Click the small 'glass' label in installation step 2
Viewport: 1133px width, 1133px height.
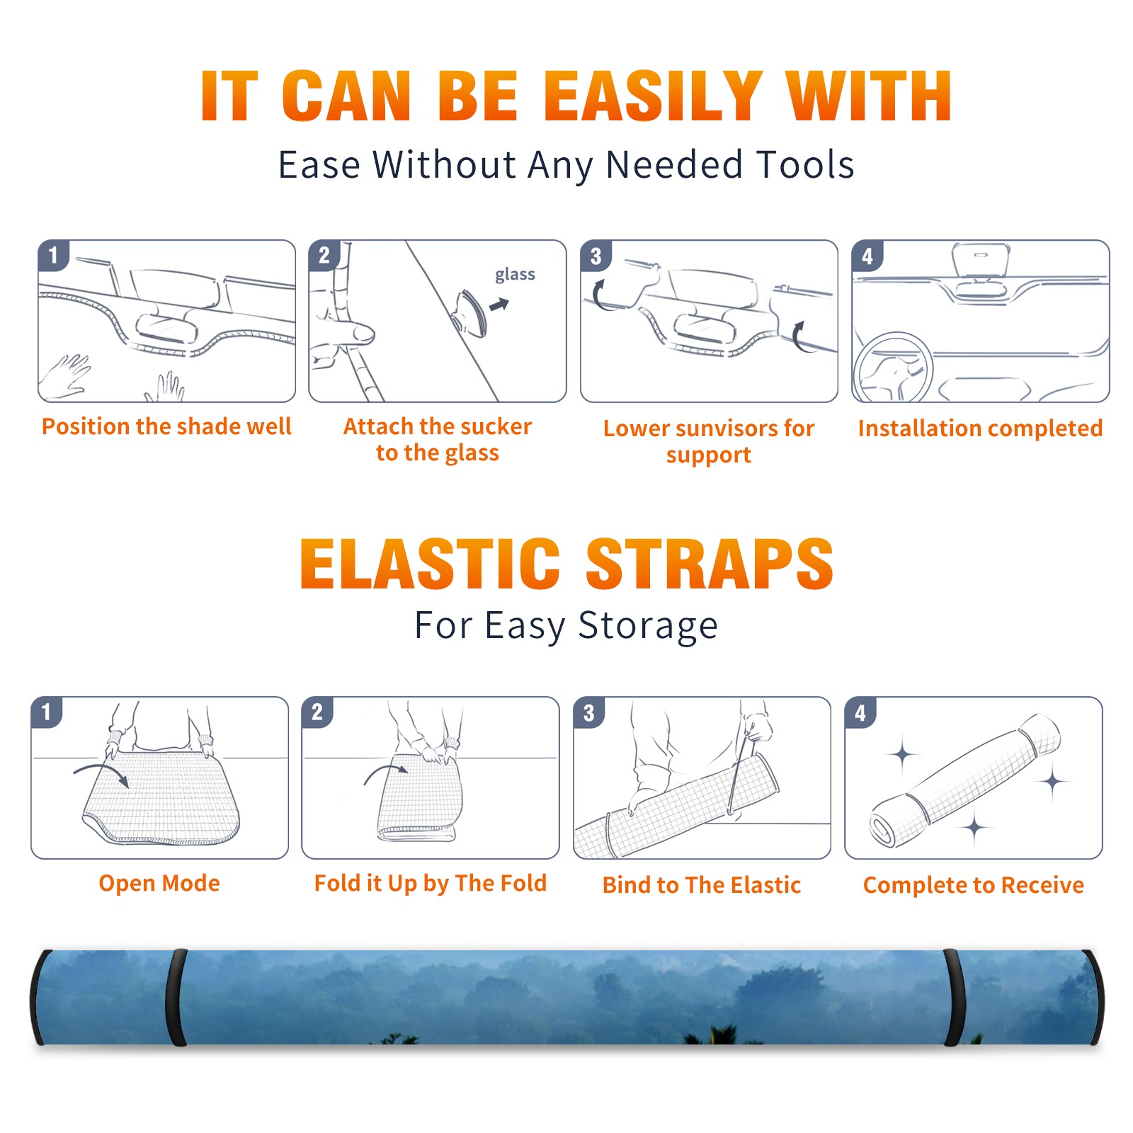tap(515, 275)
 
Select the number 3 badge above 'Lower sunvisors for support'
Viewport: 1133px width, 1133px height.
tap(596, 256)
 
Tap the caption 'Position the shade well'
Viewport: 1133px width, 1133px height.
tap(166, 426)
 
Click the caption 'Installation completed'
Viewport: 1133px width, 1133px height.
tap(980, 428)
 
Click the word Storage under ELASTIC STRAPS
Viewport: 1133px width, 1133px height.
tap(647, 626)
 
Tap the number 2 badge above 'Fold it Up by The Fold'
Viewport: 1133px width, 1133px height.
tap(317, 712)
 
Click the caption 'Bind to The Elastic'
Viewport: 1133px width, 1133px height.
tap(701, 884)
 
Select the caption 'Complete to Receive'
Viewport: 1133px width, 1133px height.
tap(973, 884)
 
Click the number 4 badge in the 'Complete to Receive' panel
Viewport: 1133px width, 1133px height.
tap(860, 712)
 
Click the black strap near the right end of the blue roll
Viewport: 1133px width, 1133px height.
tap(955, 997)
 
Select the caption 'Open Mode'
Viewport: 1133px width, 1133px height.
tap(159, 883)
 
